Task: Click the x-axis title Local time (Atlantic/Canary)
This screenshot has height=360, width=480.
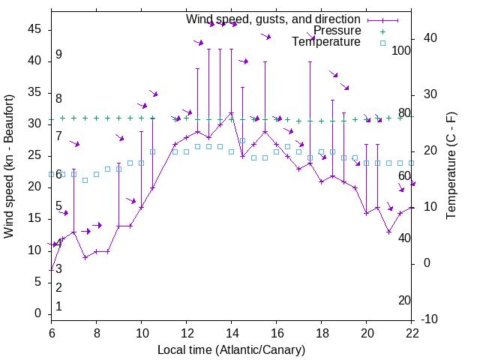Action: click(x=231, y=350)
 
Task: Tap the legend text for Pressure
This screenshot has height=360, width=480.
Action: click(x=337, y=31)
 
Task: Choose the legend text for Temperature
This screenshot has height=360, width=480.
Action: click(x=325, y=42)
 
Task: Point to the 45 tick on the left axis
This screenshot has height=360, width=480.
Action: click(x=34, y=28)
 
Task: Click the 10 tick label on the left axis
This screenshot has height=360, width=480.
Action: click(x=34, y=250)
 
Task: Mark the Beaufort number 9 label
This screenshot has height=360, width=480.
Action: click(x=58, y=55)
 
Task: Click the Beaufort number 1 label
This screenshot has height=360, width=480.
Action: click(x=58, y=307)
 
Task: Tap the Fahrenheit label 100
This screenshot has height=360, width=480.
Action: click(x=401, y=50)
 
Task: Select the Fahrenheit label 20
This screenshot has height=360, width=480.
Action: click(x=404, y=301)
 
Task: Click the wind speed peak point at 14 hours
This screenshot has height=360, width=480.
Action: click(x=231, y=112)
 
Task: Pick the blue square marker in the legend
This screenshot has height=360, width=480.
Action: click(x=382, y=43)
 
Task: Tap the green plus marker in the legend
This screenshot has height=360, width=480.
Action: click(x=382, y=31)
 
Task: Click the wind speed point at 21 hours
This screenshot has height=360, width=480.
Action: click(x=389, y=232)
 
